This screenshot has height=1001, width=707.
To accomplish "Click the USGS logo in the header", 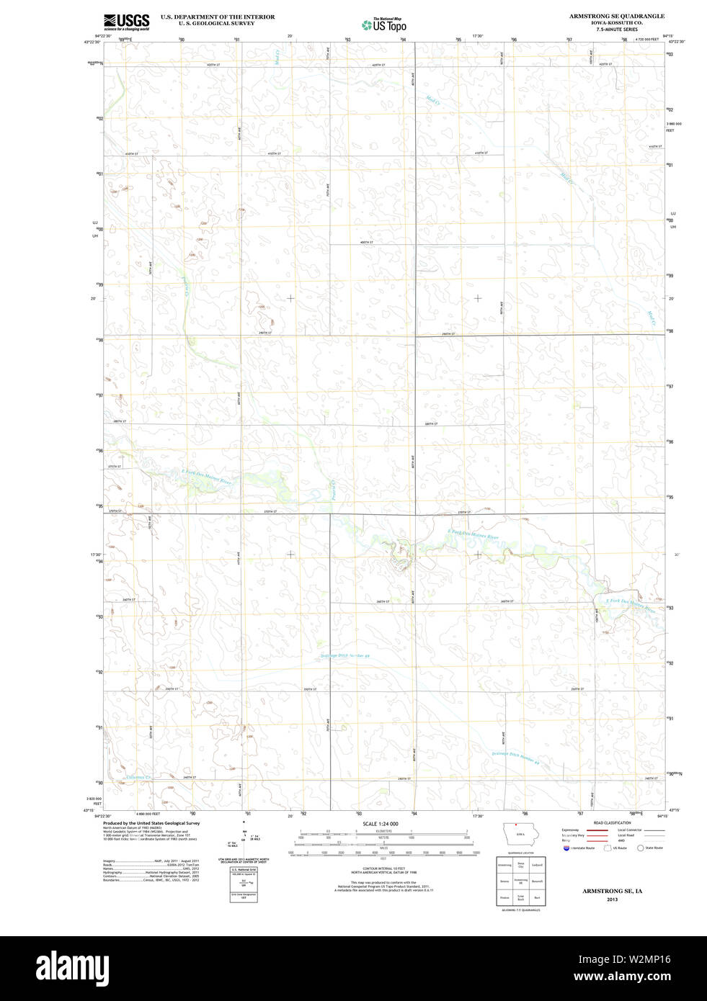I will coord(126,22).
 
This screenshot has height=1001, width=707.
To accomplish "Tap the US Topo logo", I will coord(384,25).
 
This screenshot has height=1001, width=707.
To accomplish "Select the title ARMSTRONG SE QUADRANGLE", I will coord(617,16).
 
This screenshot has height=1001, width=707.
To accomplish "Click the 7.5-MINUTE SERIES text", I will coord(617,30).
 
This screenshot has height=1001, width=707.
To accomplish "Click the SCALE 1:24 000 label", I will coord(380,824).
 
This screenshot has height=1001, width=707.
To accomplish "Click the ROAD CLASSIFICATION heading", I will coord(612,822).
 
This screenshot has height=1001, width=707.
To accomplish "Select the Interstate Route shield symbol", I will coord(566,848).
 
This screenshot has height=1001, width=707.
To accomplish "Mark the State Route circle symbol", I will coord(640,848).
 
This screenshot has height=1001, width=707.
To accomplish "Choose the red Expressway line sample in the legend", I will coord(595,830).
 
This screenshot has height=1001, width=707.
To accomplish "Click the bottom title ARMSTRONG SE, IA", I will coord(612,891).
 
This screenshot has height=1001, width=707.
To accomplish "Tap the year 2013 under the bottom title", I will coord(612,899).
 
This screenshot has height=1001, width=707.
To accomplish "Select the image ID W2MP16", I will coord(651,959).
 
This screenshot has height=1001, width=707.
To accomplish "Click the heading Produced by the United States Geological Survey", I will coord(151,823).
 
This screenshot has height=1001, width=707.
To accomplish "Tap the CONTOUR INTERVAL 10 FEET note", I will coord(383,868).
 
